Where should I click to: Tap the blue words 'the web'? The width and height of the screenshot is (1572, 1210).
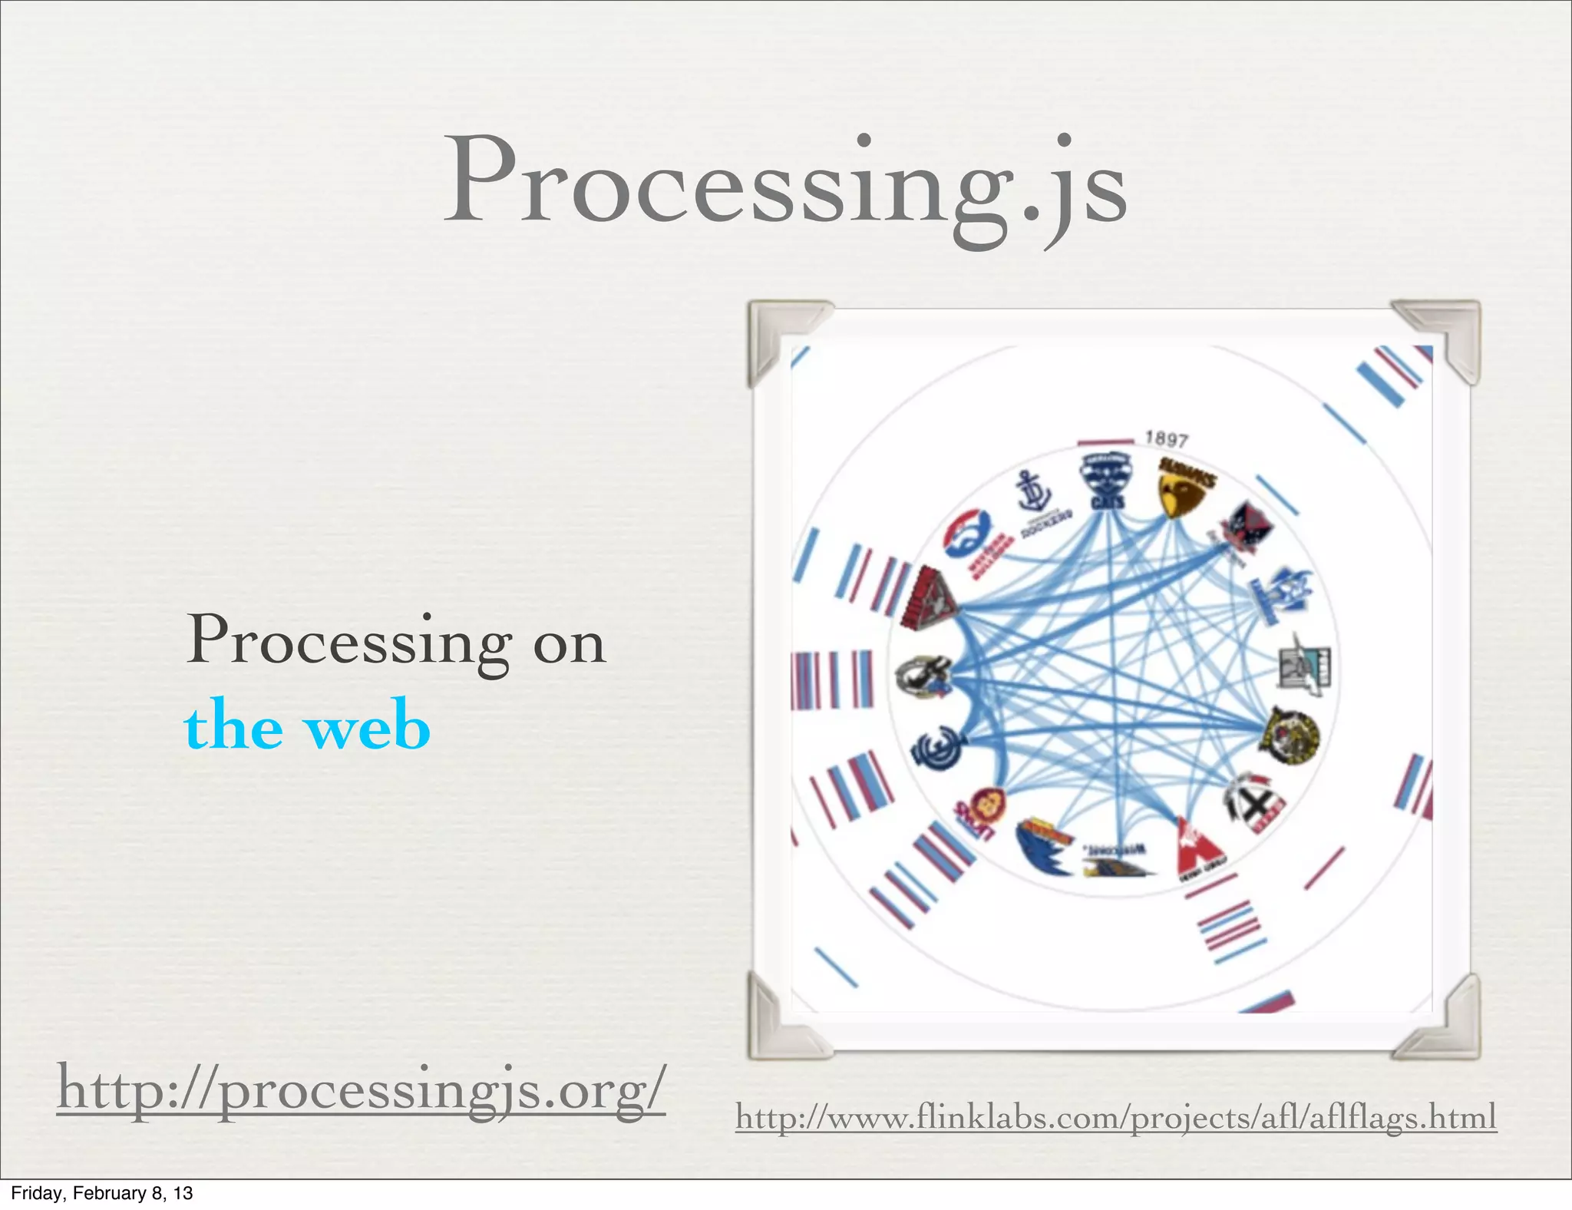tap(307, 726)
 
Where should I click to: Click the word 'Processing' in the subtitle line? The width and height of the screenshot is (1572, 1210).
tap(349, 641)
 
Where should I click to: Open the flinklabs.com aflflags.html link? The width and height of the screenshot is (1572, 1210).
tap(1115, 1117)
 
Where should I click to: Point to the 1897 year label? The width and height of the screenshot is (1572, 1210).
tap(1167, 439)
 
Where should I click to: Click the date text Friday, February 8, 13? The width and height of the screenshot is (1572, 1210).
tap(101, 1193)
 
